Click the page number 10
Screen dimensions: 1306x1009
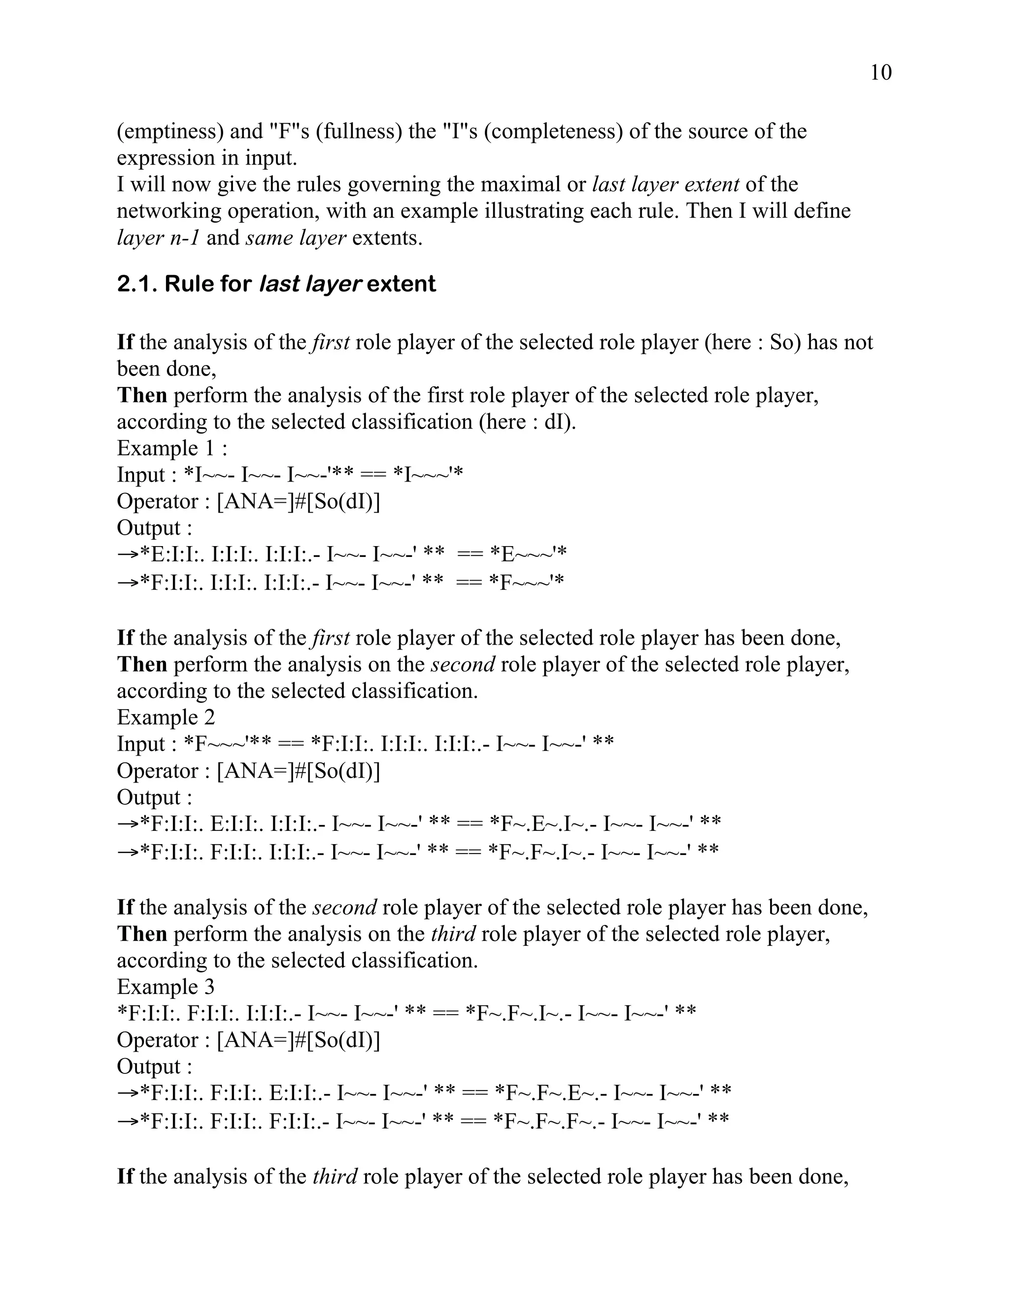tap(880, 72)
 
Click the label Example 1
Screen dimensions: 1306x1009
tap(172, 448)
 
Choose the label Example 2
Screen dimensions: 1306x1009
tap(166, 717)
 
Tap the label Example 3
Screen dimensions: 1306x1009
tap(166, 987)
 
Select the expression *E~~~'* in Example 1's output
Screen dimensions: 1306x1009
tap(528, 554)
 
